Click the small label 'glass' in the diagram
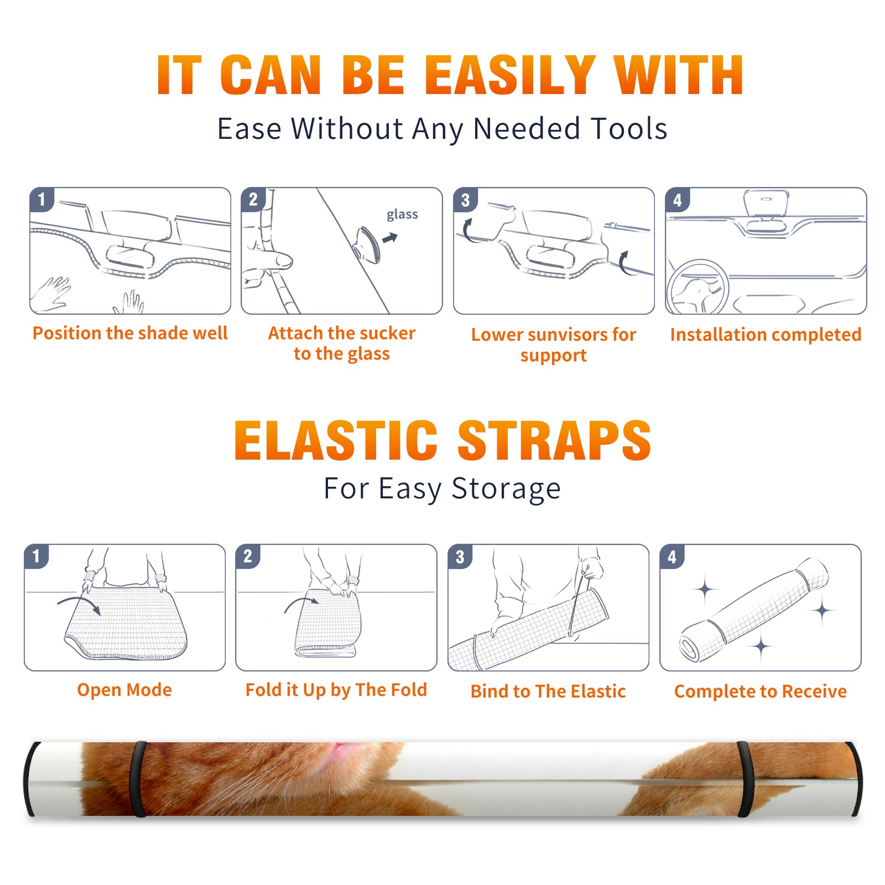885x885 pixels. tap(402, 215)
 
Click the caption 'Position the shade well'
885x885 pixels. tap(130, 333)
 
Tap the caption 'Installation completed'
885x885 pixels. tap(766, 334)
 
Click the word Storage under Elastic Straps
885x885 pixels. tap(506, 489)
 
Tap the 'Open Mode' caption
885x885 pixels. tap(124, 690)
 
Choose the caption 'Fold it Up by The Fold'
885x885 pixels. tap(336, 690)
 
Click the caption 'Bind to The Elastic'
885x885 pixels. tap(548, 691)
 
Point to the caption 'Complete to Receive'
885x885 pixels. tap(761, 691)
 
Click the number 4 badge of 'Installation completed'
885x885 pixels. tap(678, 200)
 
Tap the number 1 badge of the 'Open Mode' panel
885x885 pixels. tap(37, 556)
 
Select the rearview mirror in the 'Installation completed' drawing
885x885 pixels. tap(766, 203)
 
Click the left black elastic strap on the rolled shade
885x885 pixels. tap(137, 779)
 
